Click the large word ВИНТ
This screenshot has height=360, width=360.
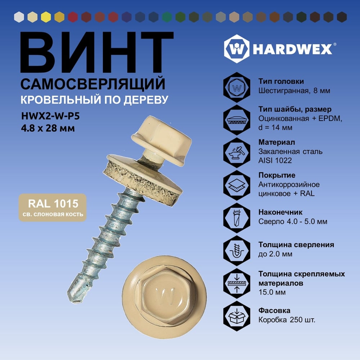(96, 53)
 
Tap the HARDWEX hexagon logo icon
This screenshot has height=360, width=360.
(237, 49)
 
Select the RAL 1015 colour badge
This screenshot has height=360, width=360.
(53, 208)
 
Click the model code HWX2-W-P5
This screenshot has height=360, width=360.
(50, 116)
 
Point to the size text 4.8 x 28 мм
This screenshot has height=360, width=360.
(48, 128)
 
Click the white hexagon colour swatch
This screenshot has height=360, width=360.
(19, 17)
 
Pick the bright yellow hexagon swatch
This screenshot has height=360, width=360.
(46, 17)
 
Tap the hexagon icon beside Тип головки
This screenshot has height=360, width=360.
(237, 87)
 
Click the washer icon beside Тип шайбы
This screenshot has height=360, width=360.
(237, 120)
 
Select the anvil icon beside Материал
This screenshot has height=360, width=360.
(237, 153)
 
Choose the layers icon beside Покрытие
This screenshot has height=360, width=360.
(237, 185)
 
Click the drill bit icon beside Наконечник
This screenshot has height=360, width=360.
(237, 218)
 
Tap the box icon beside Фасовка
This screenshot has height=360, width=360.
(237, 316)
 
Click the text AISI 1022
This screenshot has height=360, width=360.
(275, 161)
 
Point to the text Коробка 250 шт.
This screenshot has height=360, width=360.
(287, 320)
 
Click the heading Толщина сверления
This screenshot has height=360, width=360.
(296, 245)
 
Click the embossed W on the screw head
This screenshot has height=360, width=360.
(165, 296)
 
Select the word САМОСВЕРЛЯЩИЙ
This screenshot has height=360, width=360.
(93, 84)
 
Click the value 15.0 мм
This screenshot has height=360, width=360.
(272, 292)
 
